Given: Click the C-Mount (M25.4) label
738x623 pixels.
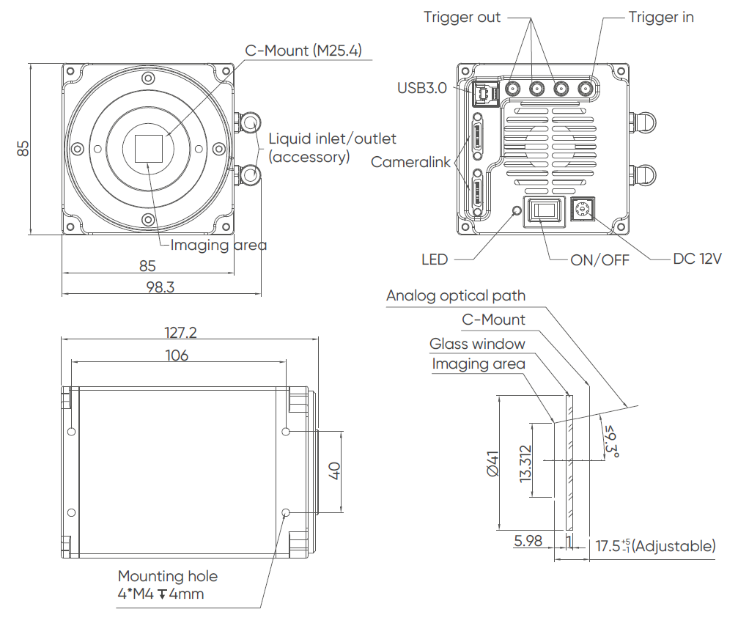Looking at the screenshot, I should (309, 51).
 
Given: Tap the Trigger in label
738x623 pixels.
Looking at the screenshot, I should (661, 17).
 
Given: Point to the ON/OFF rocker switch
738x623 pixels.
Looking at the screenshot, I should (544, 210).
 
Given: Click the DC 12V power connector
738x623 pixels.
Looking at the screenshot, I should (583, 210).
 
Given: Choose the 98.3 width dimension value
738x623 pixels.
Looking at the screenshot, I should (160, 287).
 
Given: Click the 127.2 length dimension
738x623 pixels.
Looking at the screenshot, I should (180, 332).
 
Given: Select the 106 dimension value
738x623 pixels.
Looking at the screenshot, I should (177, 355).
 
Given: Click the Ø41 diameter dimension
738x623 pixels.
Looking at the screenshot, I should (492, 462).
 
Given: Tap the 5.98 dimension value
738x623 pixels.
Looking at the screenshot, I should (528, 542).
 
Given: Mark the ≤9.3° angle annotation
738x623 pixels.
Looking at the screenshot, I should (611, 440).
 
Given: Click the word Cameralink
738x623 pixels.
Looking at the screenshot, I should (410, 162).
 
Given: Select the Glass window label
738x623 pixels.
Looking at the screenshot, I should (477, 344).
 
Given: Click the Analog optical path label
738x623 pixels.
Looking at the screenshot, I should (456, 296).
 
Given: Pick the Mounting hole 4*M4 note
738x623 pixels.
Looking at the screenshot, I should (168, 585).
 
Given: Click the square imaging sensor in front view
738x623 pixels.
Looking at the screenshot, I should (149, 149).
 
